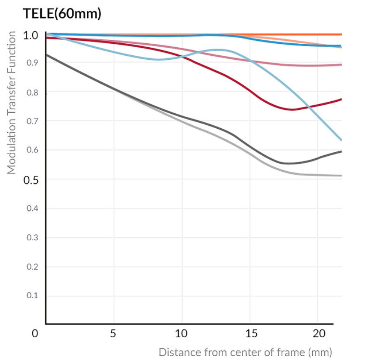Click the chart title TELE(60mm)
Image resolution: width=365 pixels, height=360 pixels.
(62, 14)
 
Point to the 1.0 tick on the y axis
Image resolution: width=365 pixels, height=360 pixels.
(31, 35)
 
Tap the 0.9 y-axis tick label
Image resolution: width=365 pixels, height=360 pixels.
(32, 63)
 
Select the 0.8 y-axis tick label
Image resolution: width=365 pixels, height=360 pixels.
(32, 92)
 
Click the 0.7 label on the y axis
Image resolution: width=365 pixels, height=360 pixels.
(32, 121)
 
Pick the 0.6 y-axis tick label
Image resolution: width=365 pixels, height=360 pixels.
(32, 150)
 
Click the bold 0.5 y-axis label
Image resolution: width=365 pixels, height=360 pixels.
(31, 179)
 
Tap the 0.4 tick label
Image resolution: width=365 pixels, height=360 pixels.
(32, 209)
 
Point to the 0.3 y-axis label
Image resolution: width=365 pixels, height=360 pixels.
(32, 237)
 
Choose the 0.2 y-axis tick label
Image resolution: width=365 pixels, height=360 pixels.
(32, 266)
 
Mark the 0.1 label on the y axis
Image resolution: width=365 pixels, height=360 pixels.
(32, 296)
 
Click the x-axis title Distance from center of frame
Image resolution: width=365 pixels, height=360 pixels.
(245, 352)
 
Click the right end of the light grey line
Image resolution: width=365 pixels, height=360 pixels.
(341, 175)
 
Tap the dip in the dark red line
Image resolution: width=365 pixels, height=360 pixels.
(292, 109)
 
